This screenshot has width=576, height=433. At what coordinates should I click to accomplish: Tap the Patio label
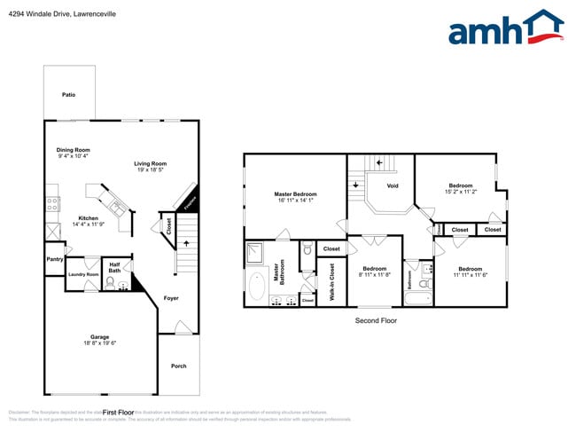(x=68, y=94)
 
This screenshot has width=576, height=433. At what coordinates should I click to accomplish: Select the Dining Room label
(x=74, y=150)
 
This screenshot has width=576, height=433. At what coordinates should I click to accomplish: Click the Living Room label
(x=151, y=163)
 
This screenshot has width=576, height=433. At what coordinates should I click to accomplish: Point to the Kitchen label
(x=88, y=218)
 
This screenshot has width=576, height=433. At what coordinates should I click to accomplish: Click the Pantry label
(x=54, y=259)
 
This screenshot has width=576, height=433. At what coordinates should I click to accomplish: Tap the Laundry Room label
(x=83, y=274)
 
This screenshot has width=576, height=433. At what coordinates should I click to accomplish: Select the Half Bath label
(x=115, y=267)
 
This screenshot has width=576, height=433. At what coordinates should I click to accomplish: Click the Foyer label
(x=171, y=298)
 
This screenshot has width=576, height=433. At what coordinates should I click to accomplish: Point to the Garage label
(x=100, y=337)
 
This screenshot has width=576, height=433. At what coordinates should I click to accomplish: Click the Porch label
(x=179, y=366)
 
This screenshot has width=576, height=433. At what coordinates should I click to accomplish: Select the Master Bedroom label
(x=295, y=194)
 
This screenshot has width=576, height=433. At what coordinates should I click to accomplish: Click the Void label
(x=393, y=186)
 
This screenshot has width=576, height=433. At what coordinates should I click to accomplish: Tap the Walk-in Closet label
(x=331, y=281)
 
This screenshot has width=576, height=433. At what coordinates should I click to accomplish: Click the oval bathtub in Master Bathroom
(x=258, y=287)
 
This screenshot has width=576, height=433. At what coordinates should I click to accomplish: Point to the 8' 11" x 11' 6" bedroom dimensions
(x=374, y=275)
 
